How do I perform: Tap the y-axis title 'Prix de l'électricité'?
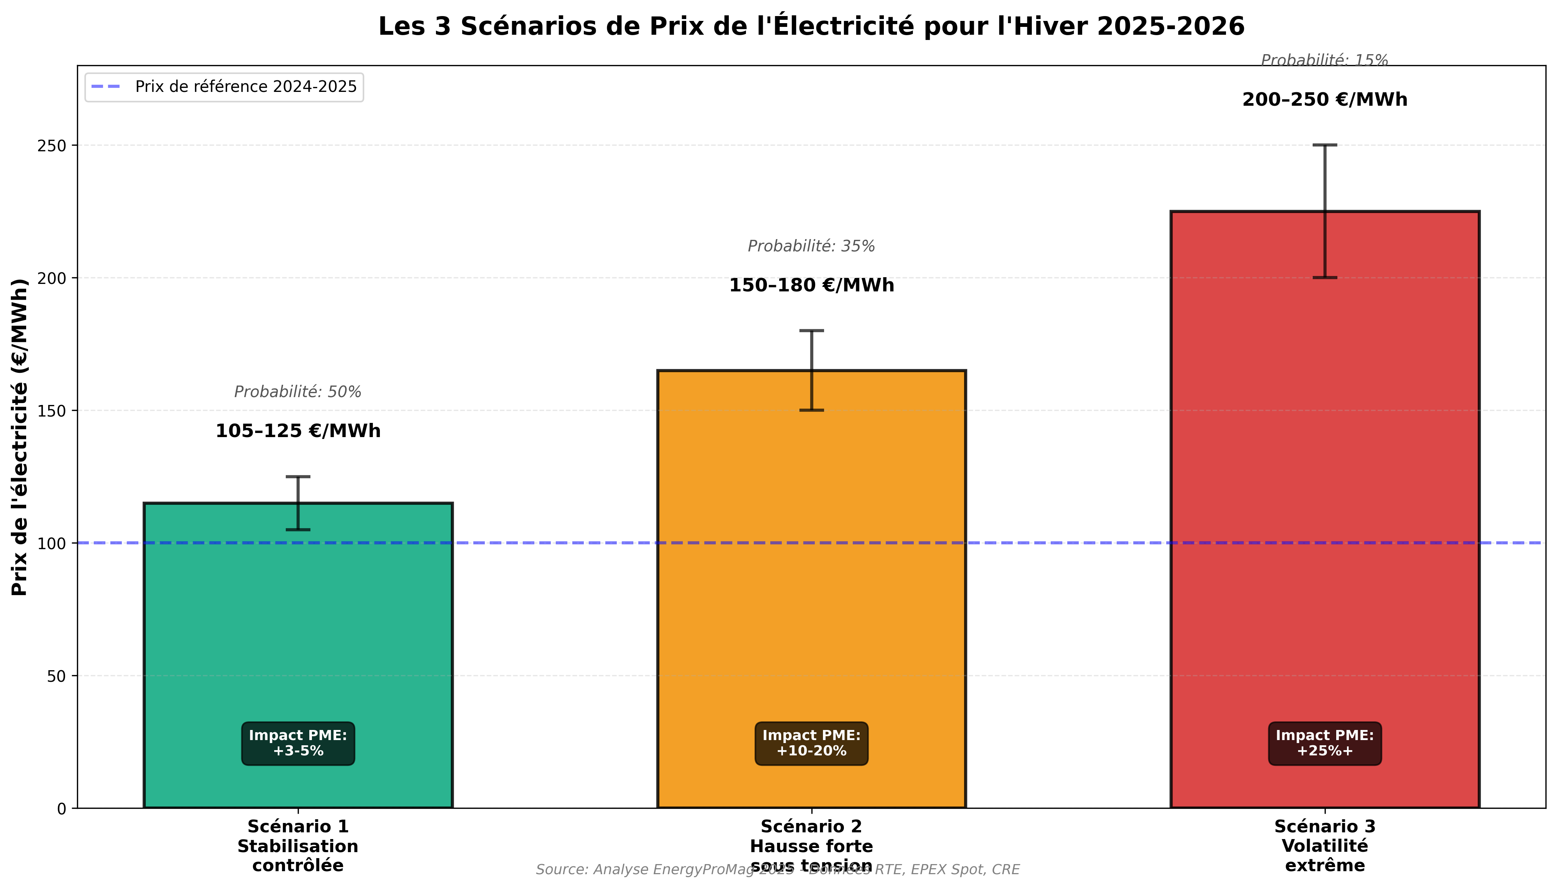point(20,437)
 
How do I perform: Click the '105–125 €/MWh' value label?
point(298,431)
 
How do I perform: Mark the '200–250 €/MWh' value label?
point(1325,99)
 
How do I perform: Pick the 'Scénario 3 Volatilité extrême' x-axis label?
point(1325,846)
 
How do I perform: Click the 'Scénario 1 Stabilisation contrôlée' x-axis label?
point(298,846)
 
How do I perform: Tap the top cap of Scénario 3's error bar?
point(1325,145)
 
